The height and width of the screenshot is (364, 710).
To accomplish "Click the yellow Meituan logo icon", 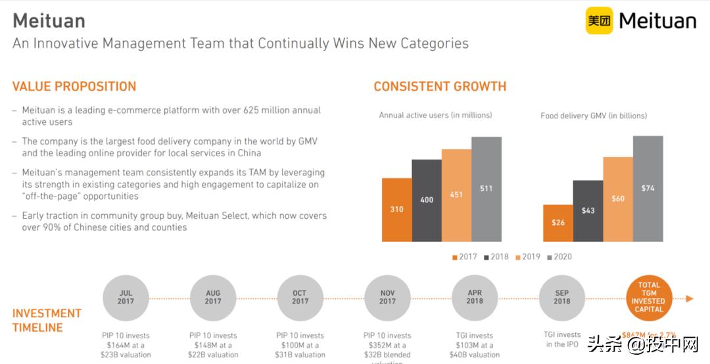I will [599, 21].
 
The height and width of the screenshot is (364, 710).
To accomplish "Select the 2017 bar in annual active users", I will [396, 210].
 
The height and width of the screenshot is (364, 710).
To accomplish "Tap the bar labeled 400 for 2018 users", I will [427, 200].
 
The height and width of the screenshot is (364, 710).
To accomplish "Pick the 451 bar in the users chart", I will [456, 195].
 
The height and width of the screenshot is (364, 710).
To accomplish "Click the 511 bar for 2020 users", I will [486, 189].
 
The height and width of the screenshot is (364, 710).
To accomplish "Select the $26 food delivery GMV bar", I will [557, 223].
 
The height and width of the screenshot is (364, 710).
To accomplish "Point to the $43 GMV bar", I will [588, 211].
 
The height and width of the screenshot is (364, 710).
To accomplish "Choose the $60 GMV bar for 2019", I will [618, 199].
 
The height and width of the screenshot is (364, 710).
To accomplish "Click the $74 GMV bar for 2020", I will [648, 189].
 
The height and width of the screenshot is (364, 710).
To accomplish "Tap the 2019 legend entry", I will [527, 257].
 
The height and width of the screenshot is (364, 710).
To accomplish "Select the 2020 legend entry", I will [559, 257].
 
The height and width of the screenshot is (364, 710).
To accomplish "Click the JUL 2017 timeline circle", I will [126, 298].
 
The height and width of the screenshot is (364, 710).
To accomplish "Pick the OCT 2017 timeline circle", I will [300, 298].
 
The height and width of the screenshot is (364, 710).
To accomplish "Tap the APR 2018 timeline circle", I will [475, 298].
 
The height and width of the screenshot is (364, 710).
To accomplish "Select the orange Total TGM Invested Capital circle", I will [649, 298].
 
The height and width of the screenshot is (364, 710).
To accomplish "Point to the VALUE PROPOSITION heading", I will [74, 87].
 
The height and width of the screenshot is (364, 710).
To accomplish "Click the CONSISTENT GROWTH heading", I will [440, 87].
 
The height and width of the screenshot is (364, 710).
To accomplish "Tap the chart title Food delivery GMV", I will [594, 116].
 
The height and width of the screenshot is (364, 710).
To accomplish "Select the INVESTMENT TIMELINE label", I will [47, 321].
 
